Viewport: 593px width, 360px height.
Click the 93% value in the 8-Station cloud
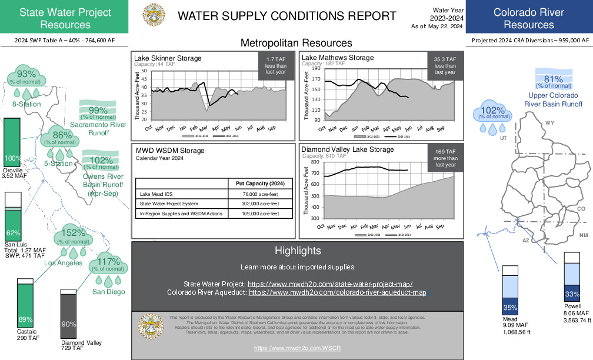(26, 74)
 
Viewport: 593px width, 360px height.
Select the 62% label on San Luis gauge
(13, 232)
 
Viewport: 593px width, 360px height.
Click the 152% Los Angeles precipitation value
(74, 232)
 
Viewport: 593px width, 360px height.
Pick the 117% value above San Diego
(108, 262)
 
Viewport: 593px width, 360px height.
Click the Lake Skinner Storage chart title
(168, 58)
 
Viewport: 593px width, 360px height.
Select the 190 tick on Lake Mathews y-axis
(317, 69)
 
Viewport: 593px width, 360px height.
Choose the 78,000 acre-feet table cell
(260, 194)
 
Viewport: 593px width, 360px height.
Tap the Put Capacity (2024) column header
(260, 184)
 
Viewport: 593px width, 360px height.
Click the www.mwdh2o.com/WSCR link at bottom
(298, 348)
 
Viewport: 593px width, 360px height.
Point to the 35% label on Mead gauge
(510, 307)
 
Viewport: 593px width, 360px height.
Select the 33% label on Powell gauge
(572, 294)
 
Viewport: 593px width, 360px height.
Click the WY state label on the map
(549, 122)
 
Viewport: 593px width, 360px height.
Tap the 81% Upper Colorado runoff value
(554, 80)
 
